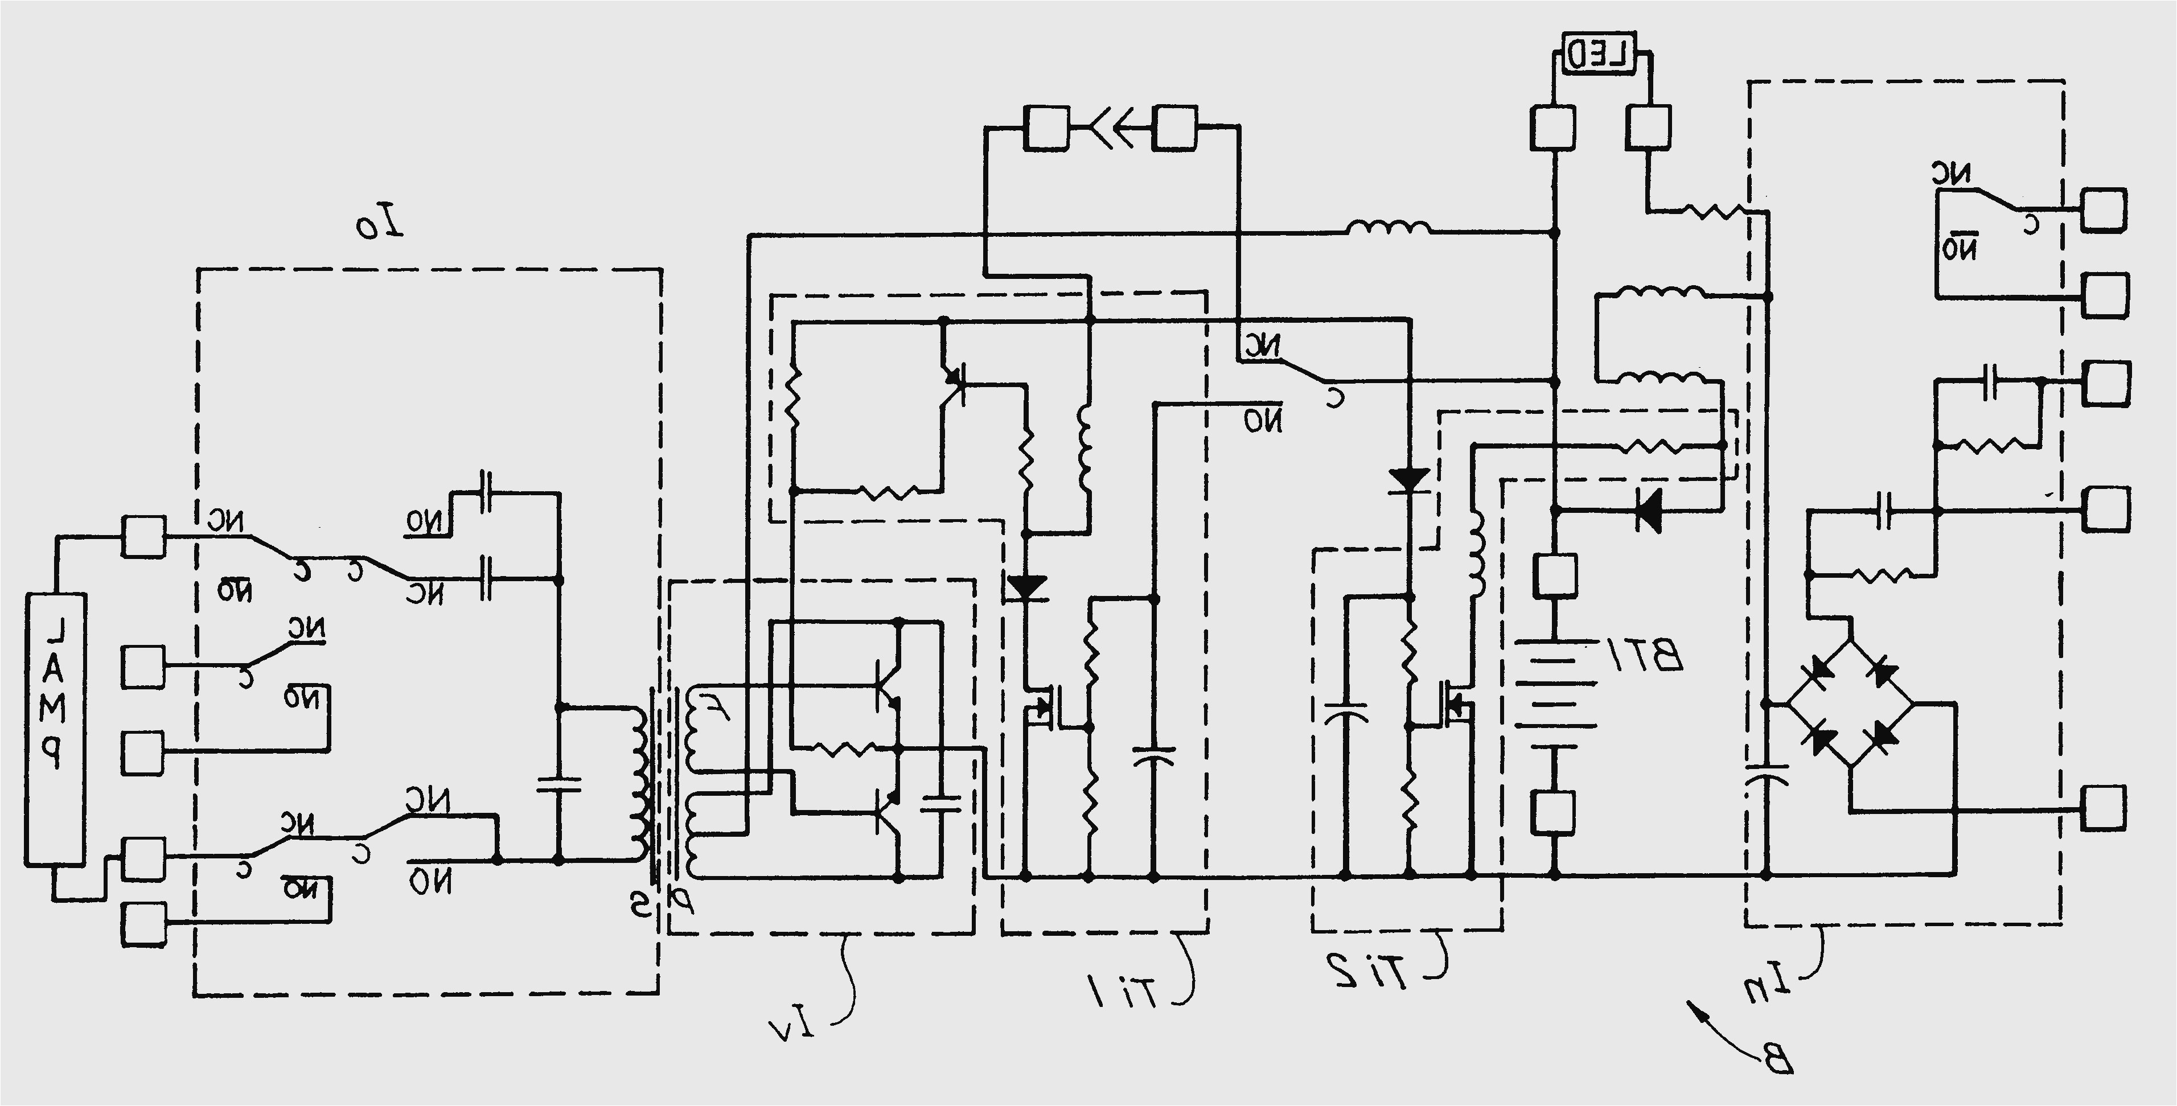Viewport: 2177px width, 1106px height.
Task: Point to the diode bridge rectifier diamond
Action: click(1849, 703)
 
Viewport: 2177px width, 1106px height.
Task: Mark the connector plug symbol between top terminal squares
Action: click(1111, 129)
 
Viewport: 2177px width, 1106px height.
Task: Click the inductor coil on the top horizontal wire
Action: click(1388, 229)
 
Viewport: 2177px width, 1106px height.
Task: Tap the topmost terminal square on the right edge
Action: click(2104, 209)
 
